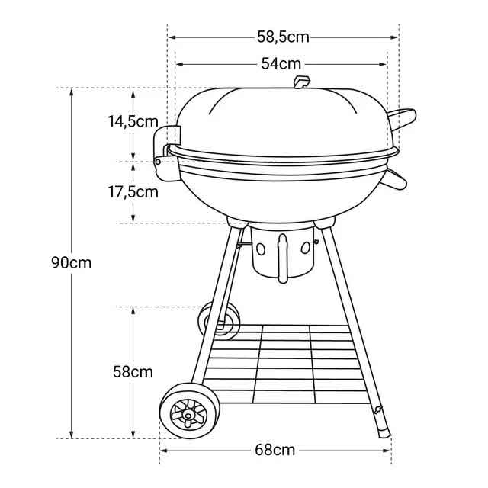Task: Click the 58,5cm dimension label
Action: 283,37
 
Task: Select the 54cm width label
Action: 281,64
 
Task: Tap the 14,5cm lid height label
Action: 133,121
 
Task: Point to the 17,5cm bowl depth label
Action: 133,192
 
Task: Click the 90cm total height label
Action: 71,263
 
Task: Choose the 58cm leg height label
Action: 133,372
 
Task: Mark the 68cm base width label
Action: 274,451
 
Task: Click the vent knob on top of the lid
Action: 302,82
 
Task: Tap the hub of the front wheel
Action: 188,415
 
